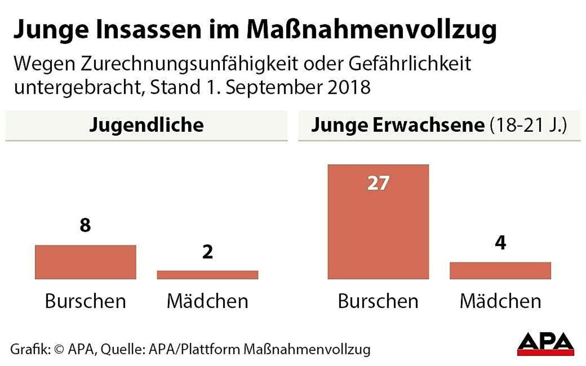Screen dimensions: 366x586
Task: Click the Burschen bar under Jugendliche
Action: coord(85,262)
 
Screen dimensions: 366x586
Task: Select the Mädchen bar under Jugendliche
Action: coord(208,275)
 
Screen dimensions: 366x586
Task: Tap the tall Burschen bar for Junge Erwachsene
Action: coord(378,222)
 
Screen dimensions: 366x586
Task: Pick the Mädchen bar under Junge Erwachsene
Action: coord(500,270)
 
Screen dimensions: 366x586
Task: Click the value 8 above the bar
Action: coord(85,227)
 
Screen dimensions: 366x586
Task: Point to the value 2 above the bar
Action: coord(208,253)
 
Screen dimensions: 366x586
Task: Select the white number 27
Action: coord(378,183)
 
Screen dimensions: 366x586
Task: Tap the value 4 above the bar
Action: coord(500,244)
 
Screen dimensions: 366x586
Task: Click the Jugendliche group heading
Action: coord(146,125)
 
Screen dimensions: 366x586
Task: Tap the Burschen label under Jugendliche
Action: coord(85,301)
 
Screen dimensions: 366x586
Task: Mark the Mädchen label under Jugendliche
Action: coord(208,301)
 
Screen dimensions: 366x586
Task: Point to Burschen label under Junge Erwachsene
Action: coord(378,301)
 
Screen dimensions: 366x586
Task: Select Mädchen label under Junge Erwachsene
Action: coord(500,301)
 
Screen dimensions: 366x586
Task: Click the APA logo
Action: coord(545,342)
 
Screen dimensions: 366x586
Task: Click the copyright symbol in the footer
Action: coord(60,349)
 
